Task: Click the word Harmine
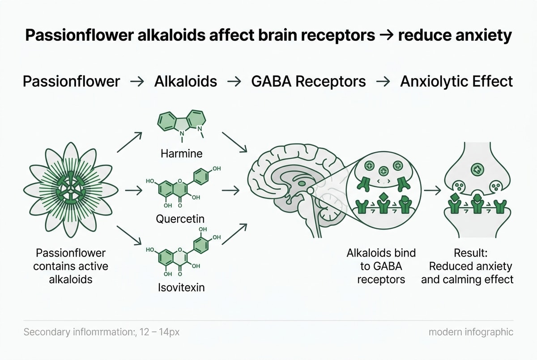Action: pyautogui.click(x=181, y=153)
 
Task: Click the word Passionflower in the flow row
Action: pyautogui.click(x=72, y=82)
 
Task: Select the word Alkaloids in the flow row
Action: pyautogui.click(x=186, y=82)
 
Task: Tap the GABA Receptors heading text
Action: pyautogui.click(x=308, y=82)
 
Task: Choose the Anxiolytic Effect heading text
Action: pyautogui.click(x=456, y=82)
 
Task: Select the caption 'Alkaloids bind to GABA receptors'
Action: pyautogui.click(x=381, y=266)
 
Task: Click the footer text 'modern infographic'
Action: pyautogui.click(x=471, y=332)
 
